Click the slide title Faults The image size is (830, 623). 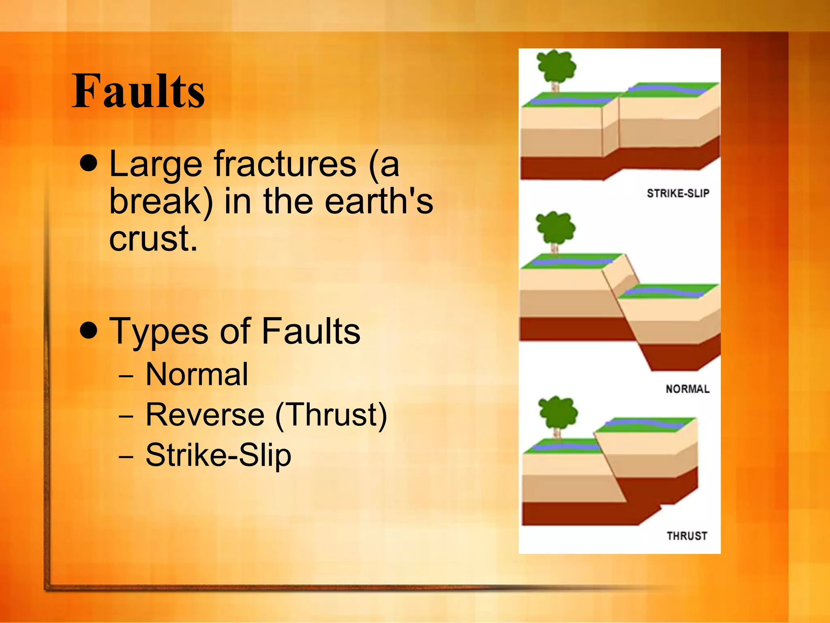click(x=138, y=91)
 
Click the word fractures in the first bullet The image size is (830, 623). click(x=285, y=164)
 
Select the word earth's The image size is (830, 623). click(x=379, y=202)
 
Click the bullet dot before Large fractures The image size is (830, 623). click(x=89, y=163)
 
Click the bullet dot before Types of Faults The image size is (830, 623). click(x=89, y=330)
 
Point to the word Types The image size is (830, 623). click(x=158, y=332)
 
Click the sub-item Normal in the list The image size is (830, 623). click(x=197, y=374)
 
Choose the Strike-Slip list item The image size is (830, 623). click(x=218, y=455)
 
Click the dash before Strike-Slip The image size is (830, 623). click(x=126, y=456)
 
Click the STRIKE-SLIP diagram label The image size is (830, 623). click(x=678, y=193)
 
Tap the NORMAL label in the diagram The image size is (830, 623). click(x=687, y=389)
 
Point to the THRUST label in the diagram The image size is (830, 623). click(x=687, y=536)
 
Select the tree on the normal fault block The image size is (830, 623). click(x=555, y=230)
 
